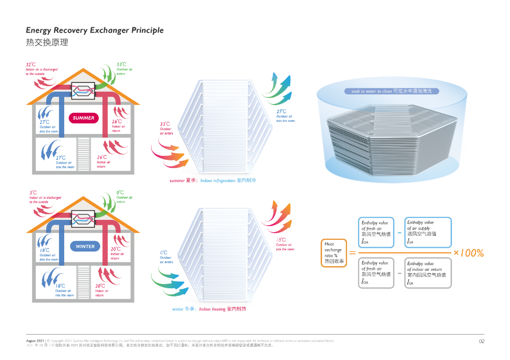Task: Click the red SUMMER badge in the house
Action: pyautogui.click(x=84, y=118)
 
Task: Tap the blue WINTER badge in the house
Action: pyautogui.click(x=85, y=246)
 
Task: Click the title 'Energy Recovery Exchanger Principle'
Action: pyautogui.click(x=95, y=30)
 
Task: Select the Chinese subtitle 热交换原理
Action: pyautogui.click(x=47, y=42)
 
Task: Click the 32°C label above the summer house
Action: pyautogui.click(x=31, y=65)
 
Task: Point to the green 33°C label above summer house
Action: pyautogui.click(x=121, y=64)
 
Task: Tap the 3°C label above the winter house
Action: pyautogui.click(x=33, y=193)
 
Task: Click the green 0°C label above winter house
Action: pyautogui.click(x=120, y=193)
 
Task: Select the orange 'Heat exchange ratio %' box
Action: pyautogui.click(x=334, y=253)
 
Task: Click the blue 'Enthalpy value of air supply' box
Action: pyautogui.click(x=428, y=232)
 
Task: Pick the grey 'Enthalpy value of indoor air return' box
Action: pyautogui.click(x=428, y=273)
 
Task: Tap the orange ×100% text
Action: pyautogui.click(x=468, y=253)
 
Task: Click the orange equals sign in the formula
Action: pyautogui.click(x=352, y=253)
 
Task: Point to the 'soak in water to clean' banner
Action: pyautogui.click(x=391, y=91)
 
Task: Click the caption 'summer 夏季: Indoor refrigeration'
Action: pyautogui.click(x=212, y=181)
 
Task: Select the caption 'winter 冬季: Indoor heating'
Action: pyautogui.click(x=209, y=309)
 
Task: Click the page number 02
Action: pyautogui.click(x=481, y=341)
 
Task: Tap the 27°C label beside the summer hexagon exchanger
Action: pyautogui.click(x=281, y=112)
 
